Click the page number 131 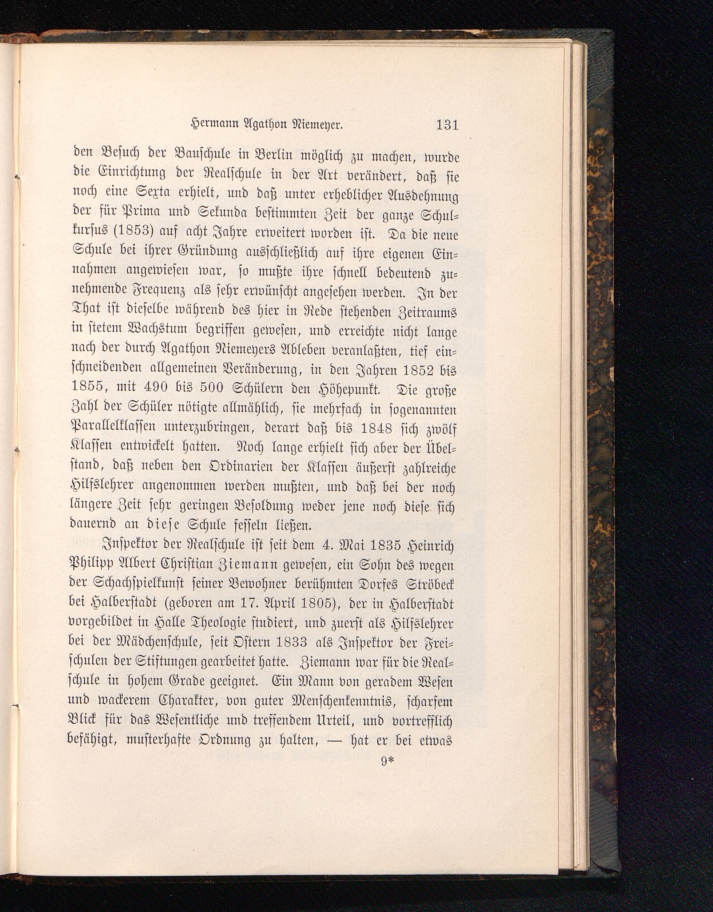(447, 125)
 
